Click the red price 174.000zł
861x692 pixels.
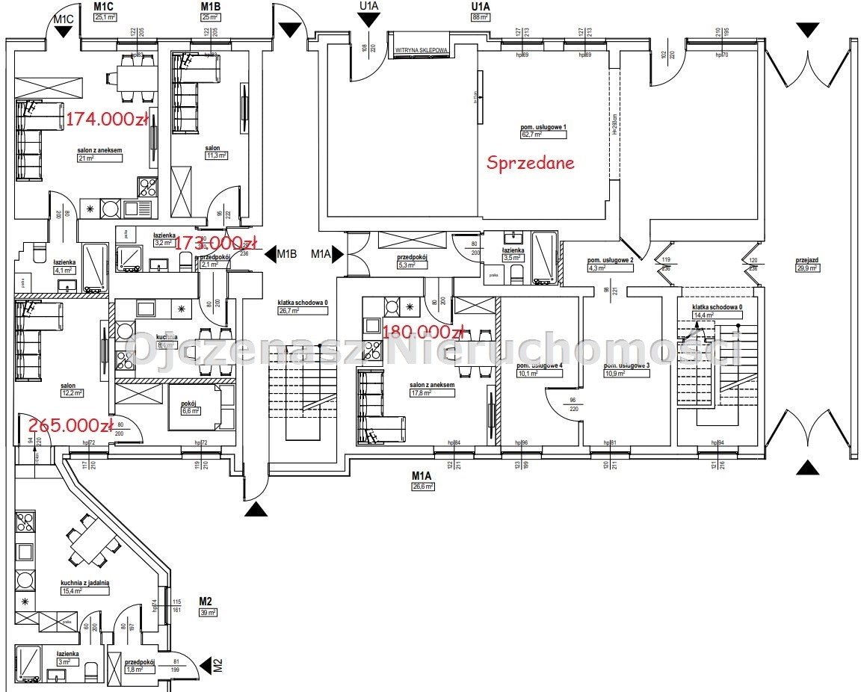(107, 119)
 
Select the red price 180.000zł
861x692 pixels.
(423, 331)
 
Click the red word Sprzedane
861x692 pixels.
(531, 163)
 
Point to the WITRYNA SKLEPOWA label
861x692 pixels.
(421, 51)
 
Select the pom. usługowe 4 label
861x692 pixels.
(538, 366)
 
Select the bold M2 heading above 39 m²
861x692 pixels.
(206, 601)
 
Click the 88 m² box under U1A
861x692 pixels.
(480, 18)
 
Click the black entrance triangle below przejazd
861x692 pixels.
(806, 468)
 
